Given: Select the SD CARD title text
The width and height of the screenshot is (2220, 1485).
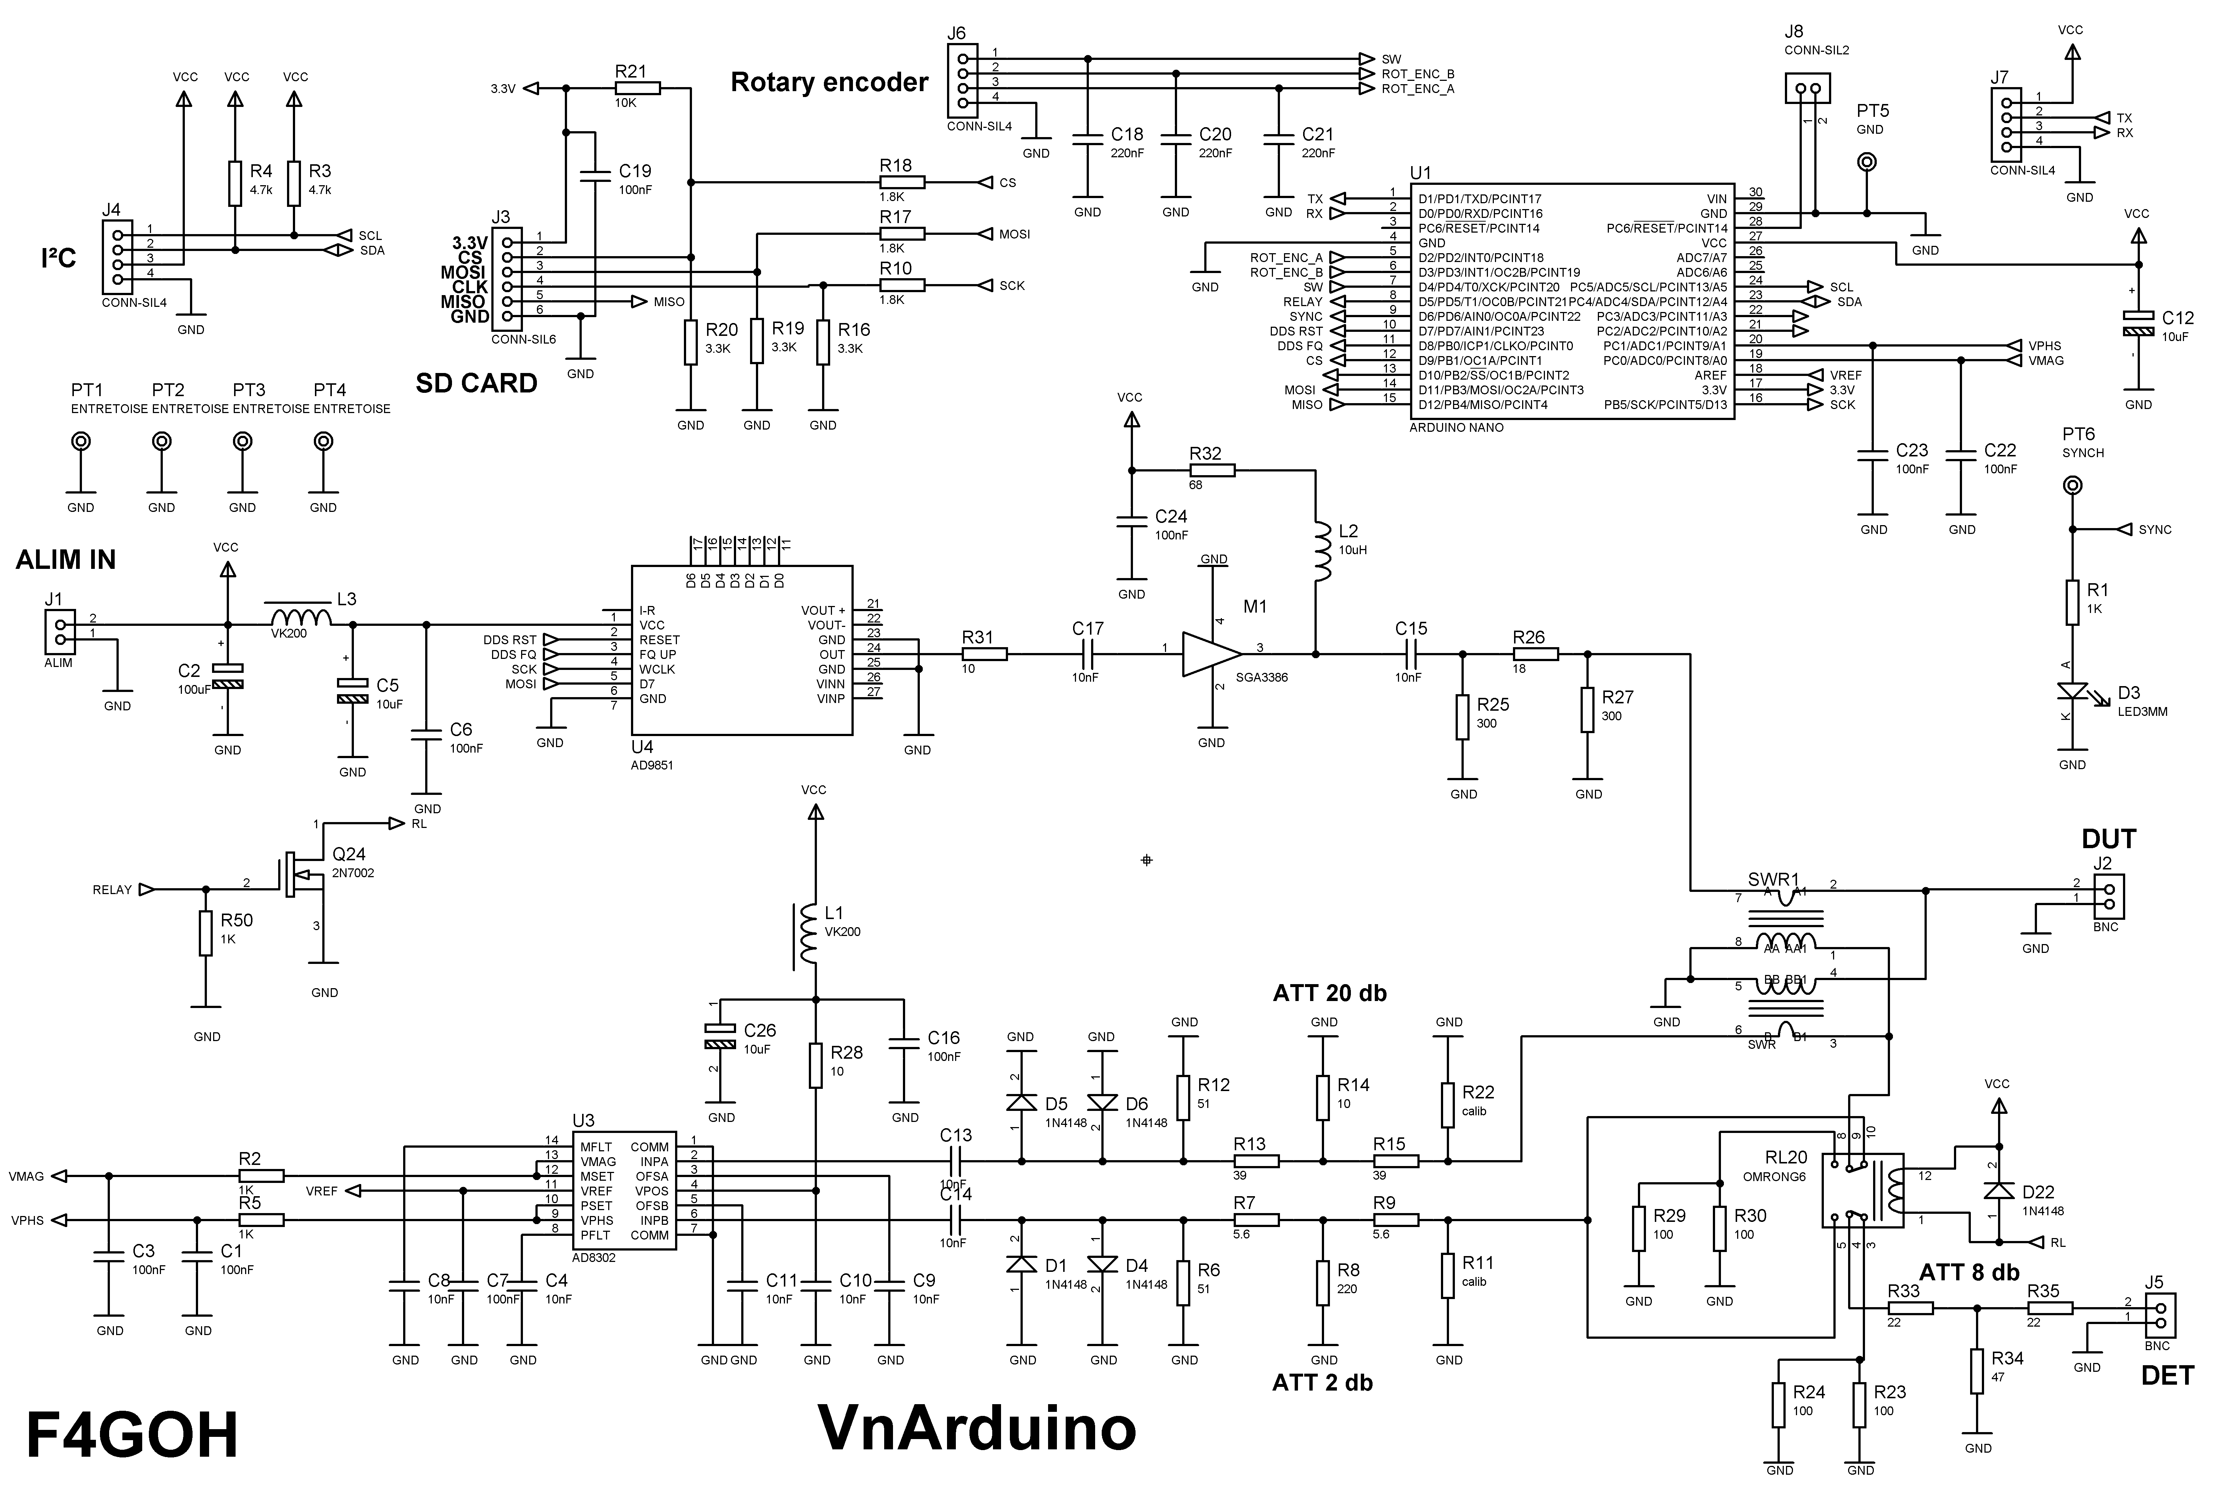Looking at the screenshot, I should click(x=476, y=384).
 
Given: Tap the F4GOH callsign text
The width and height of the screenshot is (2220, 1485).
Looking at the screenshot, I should click(x=132, y=1435).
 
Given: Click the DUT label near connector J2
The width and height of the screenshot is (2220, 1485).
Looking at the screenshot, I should click(x=2108, y=839).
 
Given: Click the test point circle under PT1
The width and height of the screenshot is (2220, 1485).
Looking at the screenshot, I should click(x=82, y=441).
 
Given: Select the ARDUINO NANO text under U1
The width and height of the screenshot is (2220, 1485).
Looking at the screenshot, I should click(x=1456, y=427).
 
